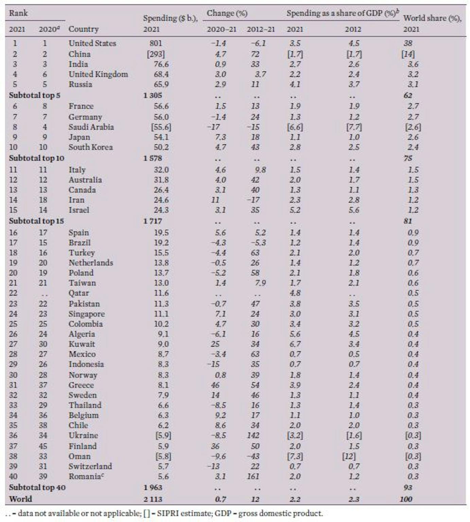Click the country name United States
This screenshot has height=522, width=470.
tap(92, 43)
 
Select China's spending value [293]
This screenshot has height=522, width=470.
tap(156, 54)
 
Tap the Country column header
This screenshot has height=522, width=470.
tap(83, 29)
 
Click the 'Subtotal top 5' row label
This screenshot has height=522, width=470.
tap(34, 95)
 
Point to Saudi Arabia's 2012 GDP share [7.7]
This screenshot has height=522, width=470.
tap(354, 127)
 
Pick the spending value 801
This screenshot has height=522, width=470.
tap(156, 43)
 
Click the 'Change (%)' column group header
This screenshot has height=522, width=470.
tap(227, 13)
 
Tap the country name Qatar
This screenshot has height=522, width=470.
tap(79, 293)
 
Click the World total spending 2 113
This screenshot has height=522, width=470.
tap(153, 499)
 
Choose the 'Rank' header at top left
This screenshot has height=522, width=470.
tap(18, 13)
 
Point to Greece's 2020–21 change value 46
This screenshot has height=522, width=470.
tap(215, 385)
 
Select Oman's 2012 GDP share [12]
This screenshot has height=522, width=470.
tap(349, 456)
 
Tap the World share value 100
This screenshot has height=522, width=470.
tap(406, 499)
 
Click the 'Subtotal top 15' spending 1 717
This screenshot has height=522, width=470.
tap(153, 221)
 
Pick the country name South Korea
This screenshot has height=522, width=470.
tap(90, 147)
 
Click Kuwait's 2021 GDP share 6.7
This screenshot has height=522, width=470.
tap(295, 344)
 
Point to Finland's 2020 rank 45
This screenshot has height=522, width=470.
tap(43, 446)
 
